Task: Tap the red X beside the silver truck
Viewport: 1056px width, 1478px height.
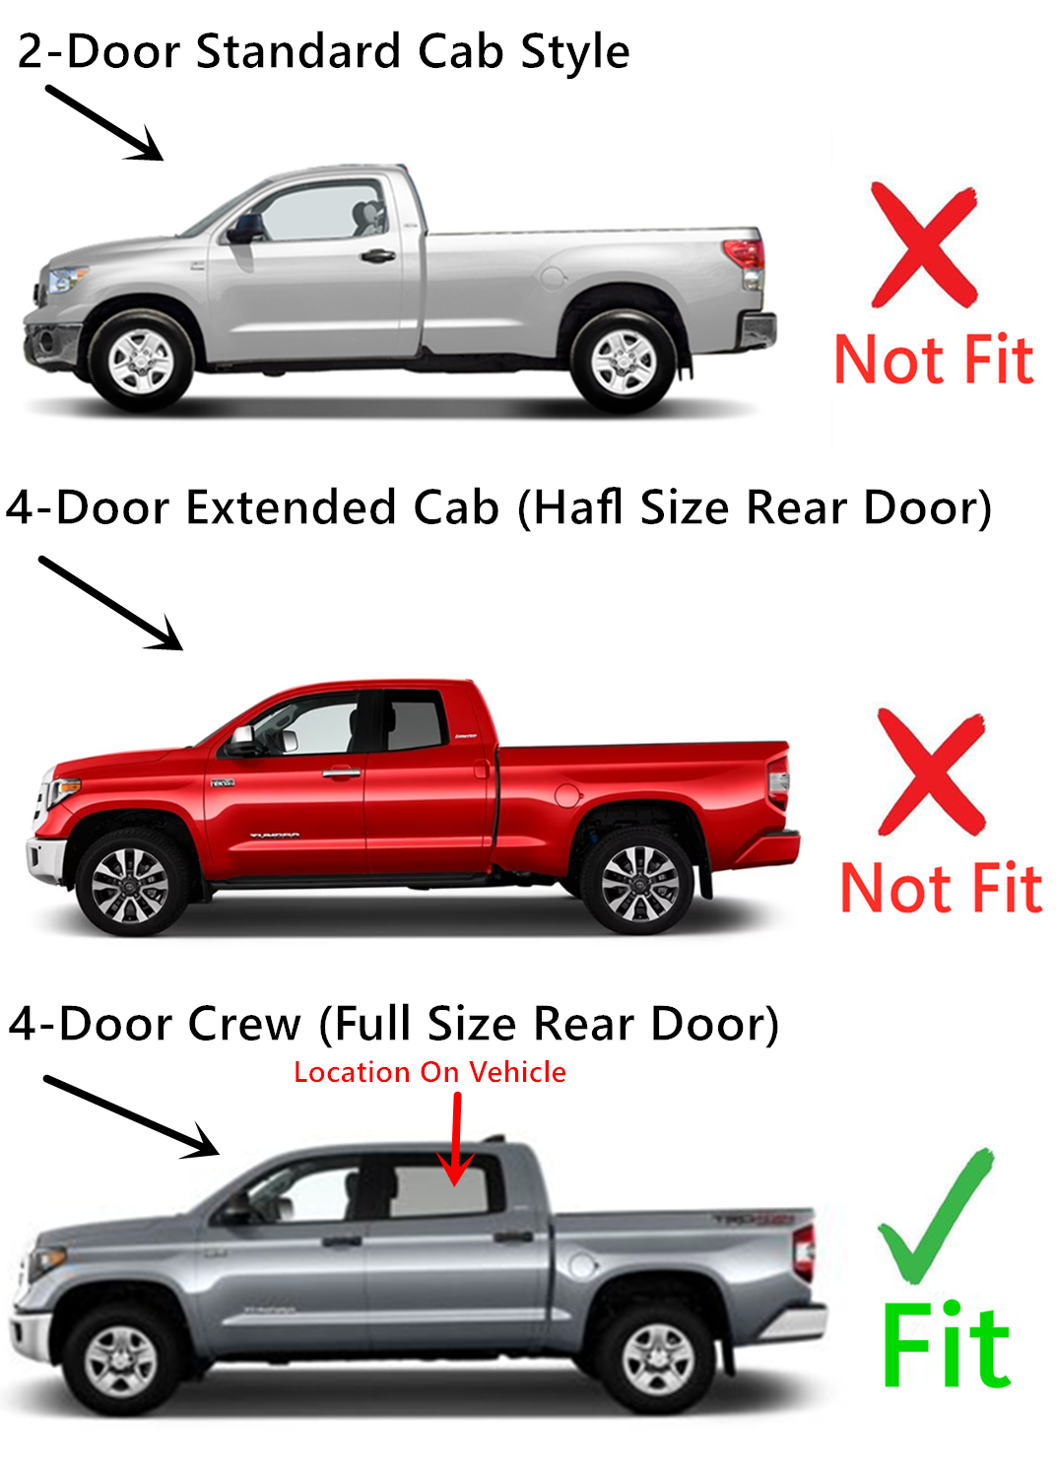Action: pyautogui.click(x=924, y=245)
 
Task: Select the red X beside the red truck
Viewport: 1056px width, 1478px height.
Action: pyautogui.click(x=931, y=771)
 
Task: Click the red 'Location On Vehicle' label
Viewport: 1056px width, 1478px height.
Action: pyautogui.click(x=429, y=1072)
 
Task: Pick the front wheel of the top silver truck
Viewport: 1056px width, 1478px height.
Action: pyautogui.click(x=140, y=361)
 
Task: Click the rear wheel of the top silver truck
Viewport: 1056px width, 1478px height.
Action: pyautogui.click(x=623, y=361)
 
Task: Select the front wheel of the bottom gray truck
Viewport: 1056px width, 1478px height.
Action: pyautogui.click(x=120, y=1362)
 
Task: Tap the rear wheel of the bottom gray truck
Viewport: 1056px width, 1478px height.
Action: pyautogui.click(x=658, y=1362)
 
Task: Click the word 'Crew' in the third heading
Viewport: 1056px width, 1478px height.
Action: pyautogui.click(x=244, y=1024)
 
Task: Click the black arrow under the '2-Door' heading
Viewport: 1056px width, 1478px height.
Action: pyautogui.click(x=105, y=123)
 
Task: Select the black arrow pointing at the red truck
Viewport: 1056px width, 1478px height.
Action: pyautogui.click(x=111, y=603)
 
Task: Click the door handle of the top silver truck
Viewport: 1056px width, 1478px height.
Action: pyautogui.click(x=377, y=256)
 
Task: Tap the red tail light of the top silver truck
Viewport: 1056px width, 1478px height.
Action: pyautogui.click(x=746, y=252)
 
